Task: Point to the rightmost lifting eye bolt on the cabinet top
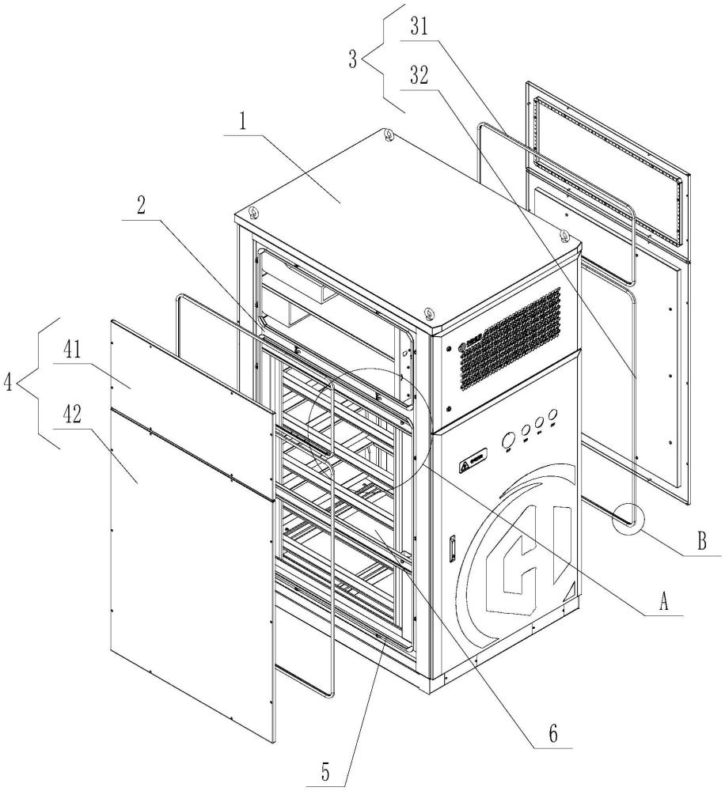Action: pos(564,235)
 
